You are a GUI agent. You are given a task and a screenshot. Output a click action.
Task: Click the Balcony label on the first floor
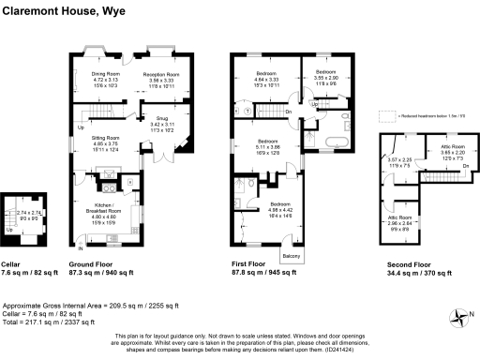click(x=291, y=256)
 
